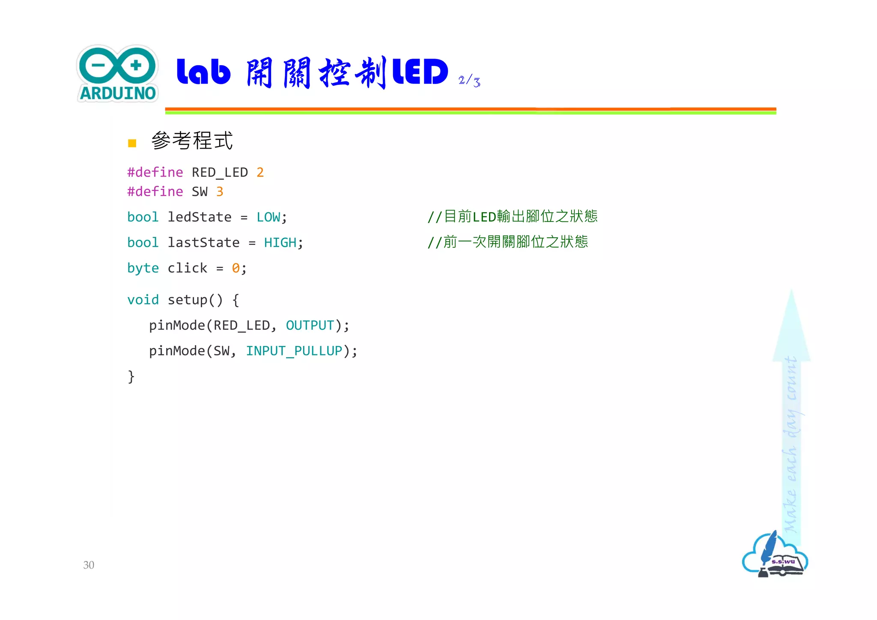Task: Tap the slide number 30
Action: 89,565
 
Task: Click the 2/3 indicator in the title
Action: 469,80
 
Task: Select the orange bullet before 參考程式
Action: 132,143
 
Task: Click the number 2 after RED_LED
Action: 260,172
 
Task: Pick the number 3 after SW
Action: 220,191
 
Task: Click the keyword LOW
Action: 268,217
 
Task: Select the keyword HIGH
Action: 280,243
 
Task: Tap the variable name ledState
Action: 200,217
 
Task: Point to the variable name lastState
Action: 203,243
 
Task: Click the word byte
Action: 143,268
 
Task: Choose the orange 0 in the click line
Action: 236,268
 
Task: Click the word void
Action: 143,300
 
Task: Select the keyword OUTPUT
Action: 310,325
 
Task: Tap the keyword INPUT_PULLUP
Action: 294,351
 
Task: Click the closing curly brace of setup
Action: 131,377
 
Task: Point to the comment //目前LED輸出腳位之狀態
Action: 512,217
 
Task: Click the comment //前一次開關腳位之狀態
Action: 507,242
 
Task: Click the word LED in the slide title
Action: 420,72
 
